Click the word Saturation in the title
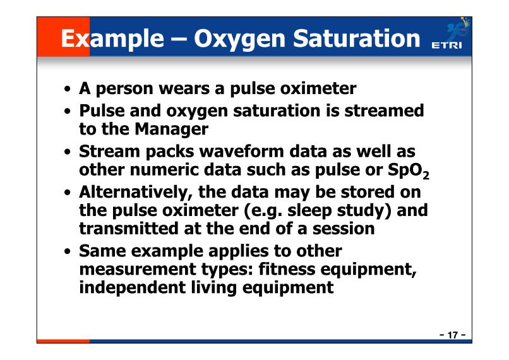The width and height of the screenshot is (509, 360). point(356,39)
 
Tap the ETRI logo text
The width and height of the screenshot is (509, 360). point(446,45)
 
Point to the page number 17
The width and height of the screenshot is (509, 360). point(453,335)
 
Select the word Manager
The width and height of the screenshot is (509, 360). point(171,129)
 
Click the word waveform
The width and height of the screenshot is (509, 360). point(241,152)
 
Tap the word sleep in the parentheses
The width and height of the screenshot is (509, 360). point(309,211)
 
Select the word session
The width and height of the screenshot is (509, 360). point(344,229)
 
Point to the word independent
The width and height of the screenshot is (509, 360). point(132,288)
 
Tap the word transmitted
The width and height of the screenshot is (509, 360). point(129,229)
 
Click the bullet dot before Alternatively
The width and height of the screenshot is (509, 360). point(67,193)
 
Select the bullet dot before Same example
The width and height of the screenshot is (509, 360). point(67,251)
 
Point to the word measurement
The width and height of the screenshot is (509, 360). point(138,270)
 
